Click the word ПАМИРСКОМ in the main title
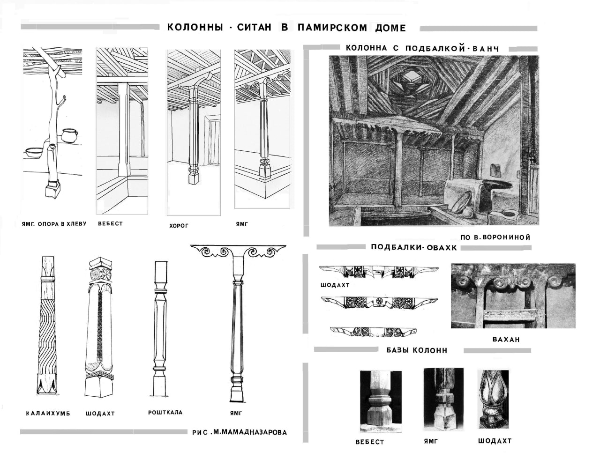pos(332,28)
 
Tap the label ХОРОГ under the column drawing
pos(179,226)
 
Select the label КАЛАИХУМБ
pos(48,414)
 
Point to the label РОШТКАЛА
pos(165,413)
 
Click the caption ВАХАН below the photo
pos(506,340)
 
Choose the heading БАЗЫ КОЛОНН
pos(417,350)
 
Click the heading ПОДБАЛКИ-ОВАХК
pos(413,247)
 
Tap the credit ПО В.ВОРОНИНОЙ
pos(495,237)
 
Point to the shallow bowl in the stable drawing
pos(33,152)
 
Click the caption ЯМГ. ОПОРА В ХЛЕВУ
pos(54,224)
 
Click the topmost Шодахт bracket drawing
pos(379,272)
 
